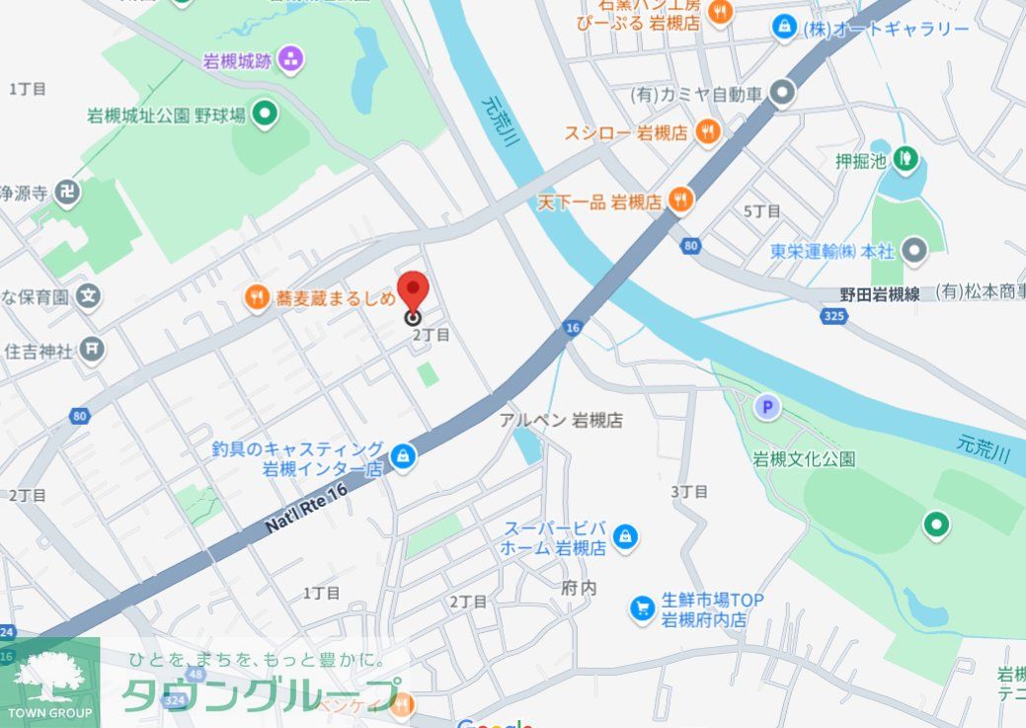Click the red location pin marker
412,292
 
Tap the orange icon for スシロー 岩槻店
707,130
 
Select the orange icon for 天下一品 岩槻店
680,201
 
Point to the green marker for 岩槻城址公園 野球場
265,115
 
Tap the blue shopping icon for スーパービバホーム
624,536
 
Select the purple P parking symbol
765,405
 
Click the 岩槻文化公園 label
804,458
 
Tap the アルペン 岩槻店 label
561,420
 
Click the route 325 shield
832,315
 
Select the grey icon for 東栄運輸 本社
915,251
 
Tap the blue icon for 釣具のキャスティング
402,455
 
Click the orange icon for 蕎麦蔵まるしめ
257,295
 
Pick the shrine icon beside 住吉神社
92,349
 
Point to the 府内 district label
580,587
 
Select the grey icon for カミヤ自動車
782,94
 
